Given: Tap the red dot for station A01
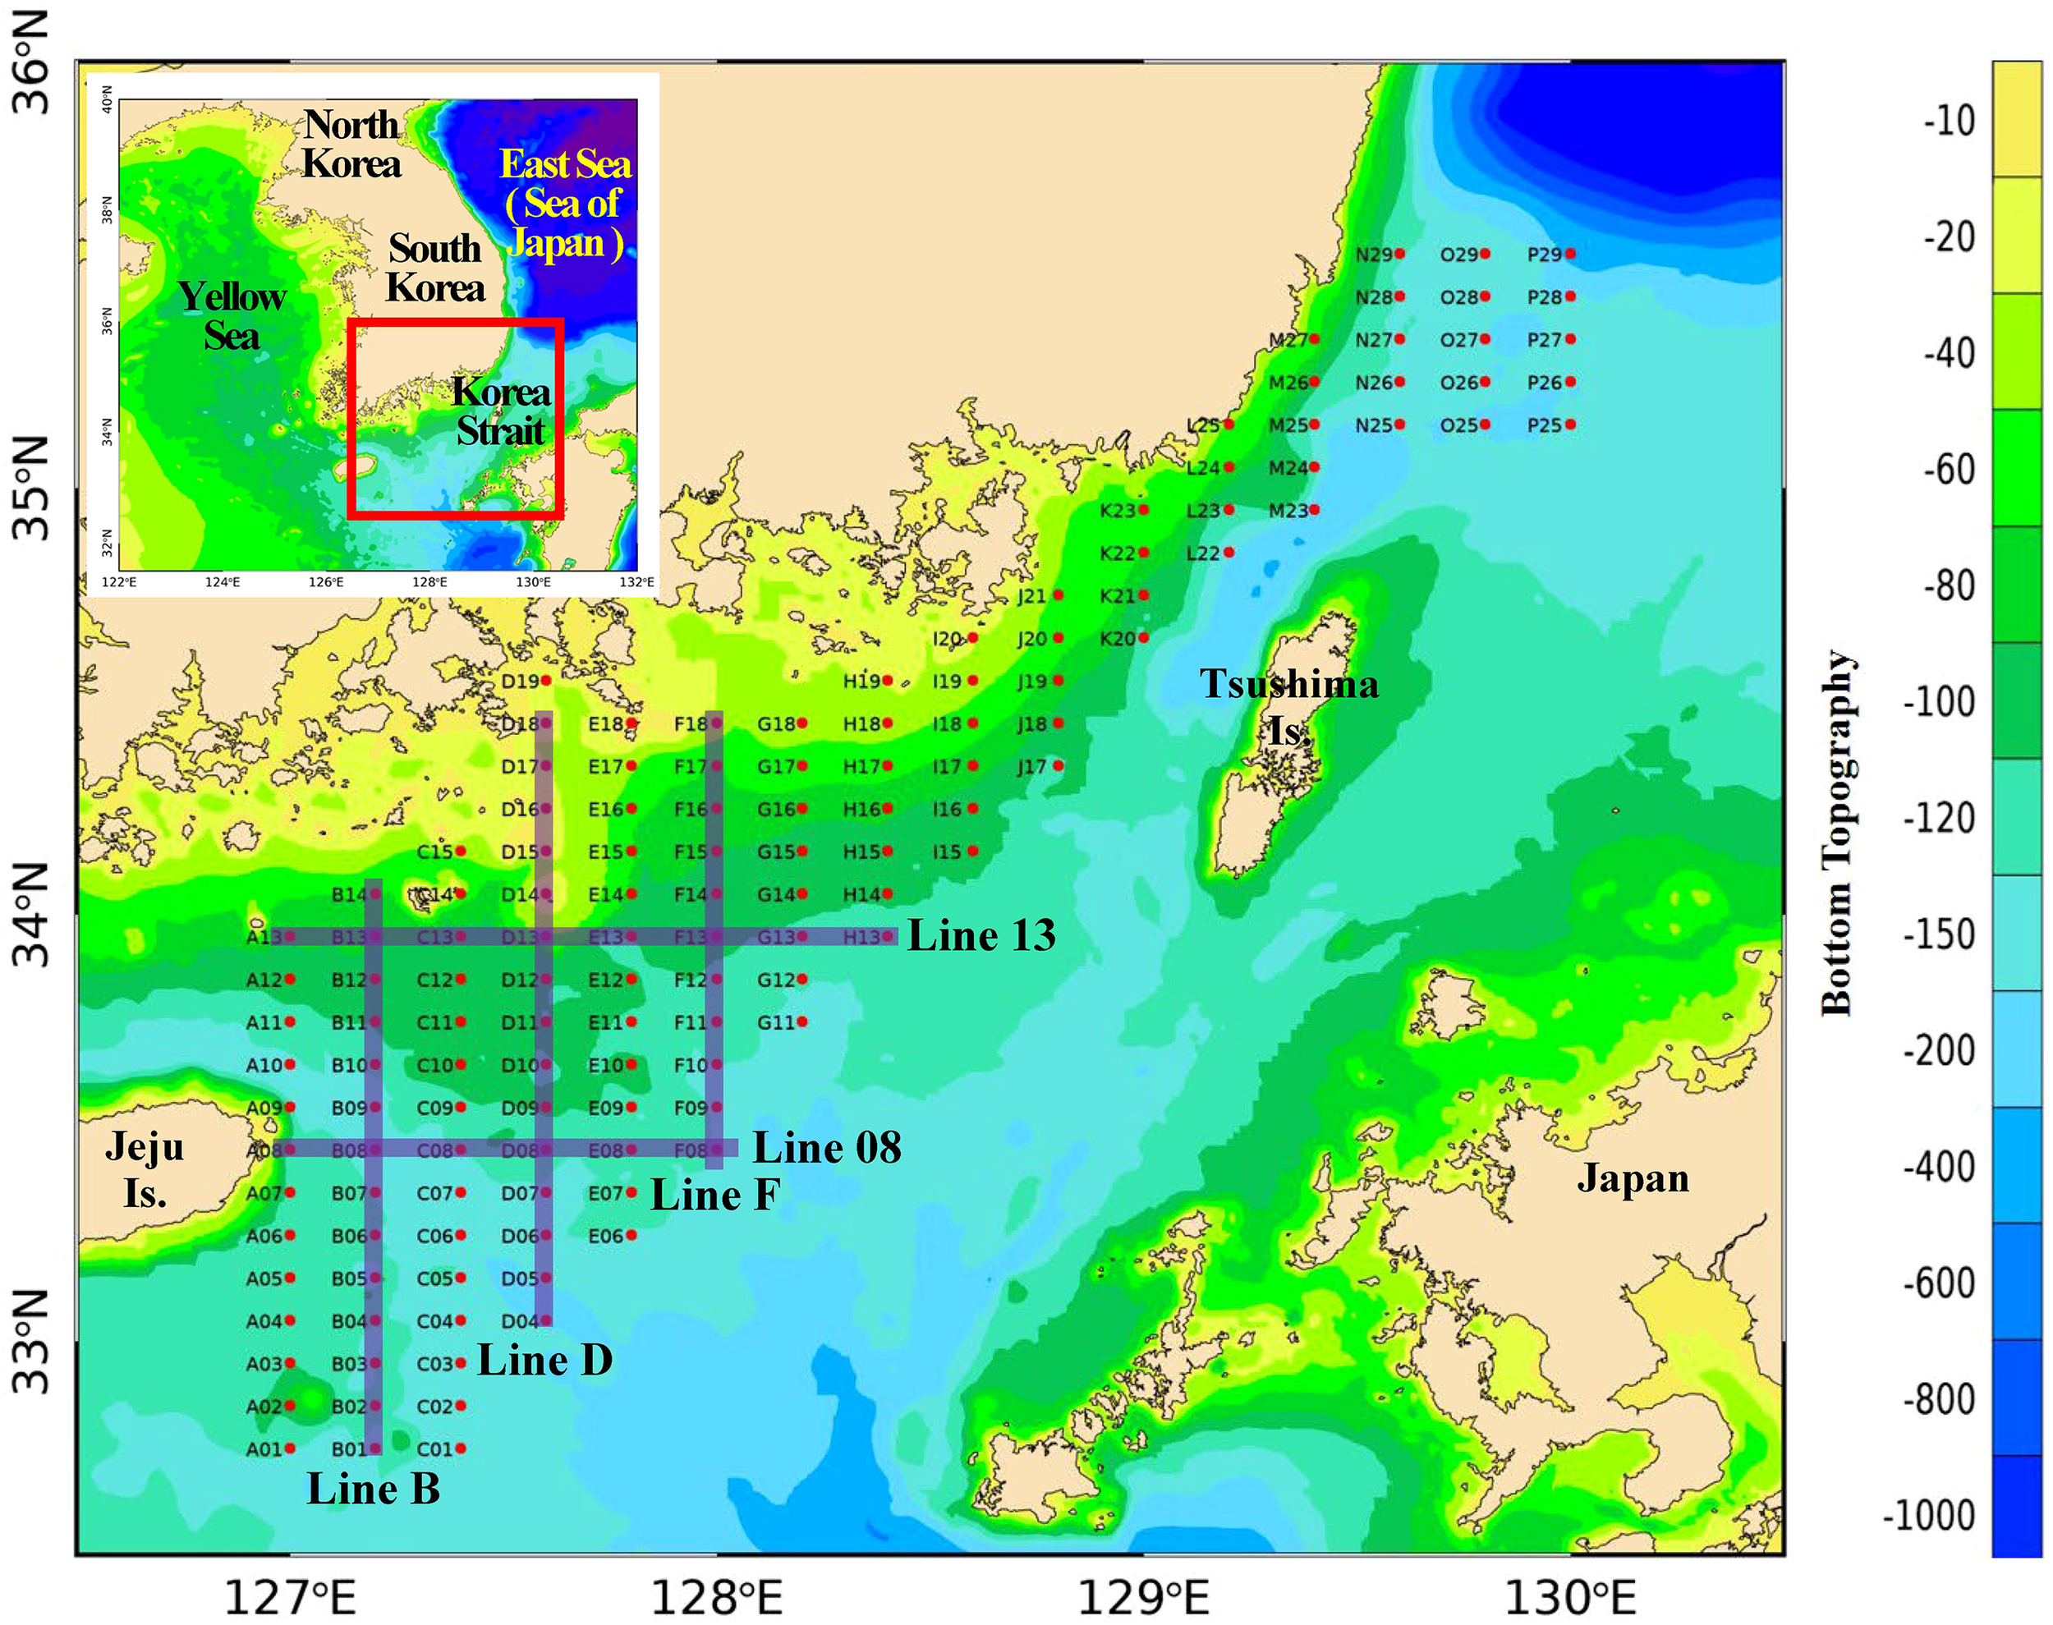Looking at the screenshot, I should click(289, 1448).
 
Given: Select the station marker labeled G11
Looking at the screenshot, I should click(802, 1021).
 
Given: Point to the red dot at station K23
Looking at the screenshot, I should click(1143, 510).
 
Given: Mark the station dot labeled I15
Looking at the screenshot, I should click(972, 851).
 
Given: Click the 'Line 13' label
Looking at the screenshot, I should click(981, 935).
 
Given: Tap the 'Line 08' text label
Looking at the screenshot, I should click(827, 1147).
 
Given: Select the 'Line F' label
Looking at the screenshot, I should click(714, 1195).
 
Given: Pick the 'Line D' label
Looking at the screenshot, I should click(544, 1360).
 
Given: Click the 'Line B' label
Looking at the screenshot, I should click(373, 1489).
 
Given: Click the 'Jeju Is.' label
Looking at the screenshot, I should click(145, 1169).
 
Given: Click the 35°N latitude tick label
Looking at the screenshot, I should click(31, 488).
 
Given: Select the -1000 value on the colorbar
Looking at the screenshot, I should click(1929, 1516).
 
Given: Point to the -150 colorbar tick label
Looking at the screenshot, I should click(1939, 935).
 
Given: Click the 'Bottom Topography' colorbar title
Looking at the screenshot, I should click(1837, 833).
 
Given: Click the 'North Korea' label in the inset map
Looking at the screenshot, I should click(351, 144).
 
